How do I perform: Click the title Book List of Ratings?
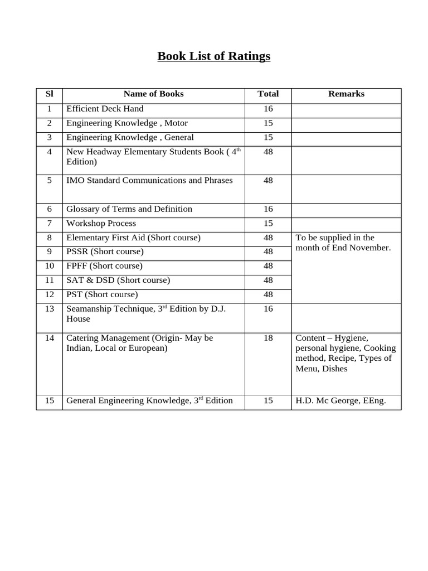click(x=213, y=56)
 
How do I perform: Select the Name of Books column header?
click(x=153, y=94)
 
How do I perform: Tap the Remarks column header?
click(x=346, y=94)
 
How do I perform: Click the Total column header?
click(x=268, y=94)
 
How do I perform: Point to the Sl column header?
click(x=49, y=94)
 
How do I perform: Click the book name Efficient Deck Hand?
click(x=105, y=109)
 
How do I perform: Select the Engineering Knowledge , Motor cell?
click(x=127, y=123)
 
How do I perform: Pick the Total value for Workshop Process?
click(x=268, y=224)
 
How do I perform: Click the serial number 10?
click(x=49, y=266)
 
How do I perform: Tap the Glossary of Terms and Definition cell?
click(x=129, y=209)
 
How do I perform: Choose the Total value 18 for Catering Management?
click(x=268, y=338)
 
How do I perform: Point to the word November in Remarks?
click(x=370, y=248)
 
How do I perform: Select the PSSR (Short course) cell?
click(x=105, y=251)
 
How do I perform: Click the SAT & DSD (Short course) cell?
click(x=118, y=280)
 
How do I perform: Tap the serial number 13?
click(x=49, y=309)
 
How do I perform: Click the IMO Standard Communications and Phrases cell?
click(x=149, y=181)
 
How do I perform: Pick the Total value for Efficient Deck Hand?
click(x=268, y=109)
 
